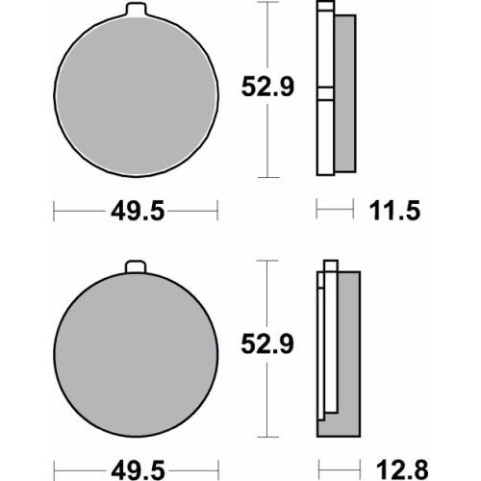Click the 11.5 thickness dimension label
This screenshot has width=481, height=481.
click(394, 211)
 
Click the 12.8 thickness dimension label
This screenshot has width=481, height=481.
click(402, 470)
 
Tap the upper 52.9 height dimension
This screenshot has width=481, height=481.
click(267, 87)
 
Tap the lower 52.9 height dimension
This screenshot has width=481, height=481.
click(267, 344)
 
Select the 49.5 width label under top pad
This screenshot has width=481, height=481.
click(138, 211)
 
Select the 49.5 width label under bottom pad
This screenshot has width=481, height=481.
click(138, 470)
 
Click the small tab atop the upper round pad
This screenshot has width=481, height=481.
click(136, 9)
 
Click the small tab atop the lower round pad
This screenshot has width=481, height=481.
click(136, 267)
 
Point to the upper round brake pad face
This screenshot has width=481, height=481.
click(136, 95)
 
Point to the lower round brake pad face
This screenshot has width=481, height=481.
click(136, 354)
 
